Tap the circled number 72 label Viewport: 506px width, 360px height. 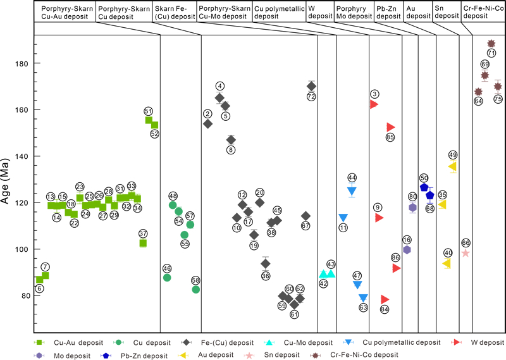(311, 97)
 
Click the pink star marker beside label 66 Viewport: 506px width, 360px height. (466, 252)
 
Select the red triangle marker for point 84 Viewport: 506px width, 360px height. (385, 299)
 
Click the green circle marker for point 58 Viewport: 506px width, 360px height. (196, 290)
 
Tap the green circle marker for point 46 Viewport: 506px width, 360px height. (168, 277)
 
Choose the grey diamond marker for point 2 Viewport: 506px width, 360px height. (207, 123)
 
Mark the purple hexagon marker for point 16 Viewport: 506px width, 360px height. (407, 250)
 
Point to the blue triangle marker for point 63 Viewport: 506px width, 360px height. (363, 298)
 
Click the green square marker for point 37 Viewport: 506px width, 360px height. (144, 243)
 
